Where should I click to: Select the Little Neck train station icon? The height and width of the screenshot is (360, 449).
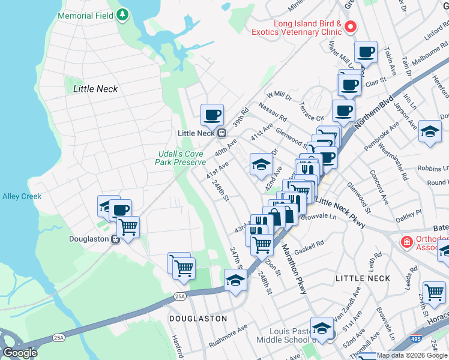tap(221, 133)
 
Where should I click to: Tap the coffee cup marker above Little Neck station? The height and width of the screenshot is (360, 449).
tap(211, 114)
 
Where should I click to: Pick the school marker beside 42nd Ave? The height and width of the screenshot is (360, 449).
tap(261, 164)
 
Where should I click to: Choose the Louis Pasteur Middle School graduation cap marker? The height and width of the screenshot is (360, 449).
tap(322, 328)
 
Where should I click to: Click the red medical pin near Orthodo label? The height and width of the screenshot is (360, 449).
tap(406, 242)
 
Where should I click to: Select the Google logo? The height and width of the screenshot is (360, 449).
tap(20, 353)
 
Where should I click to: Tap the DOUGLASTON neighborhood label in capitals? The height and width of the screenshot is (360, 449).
tap(197, 319)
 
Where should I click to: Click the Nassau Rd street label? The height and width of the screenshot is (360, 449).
tap(273, 110)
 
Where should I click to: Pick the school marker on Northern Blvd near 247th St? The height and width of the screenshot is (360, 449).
tap(235, 280)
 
